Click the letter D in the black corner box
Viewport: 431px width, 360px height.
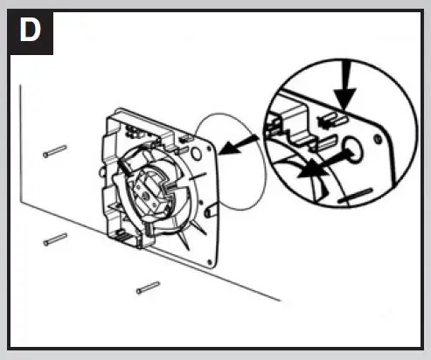(x=28, y=32)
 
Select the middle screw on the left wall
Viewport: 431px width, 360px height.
(x=55, y=237)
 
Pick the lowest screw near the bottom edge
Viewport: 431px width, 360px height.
(x=148, y=286)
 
